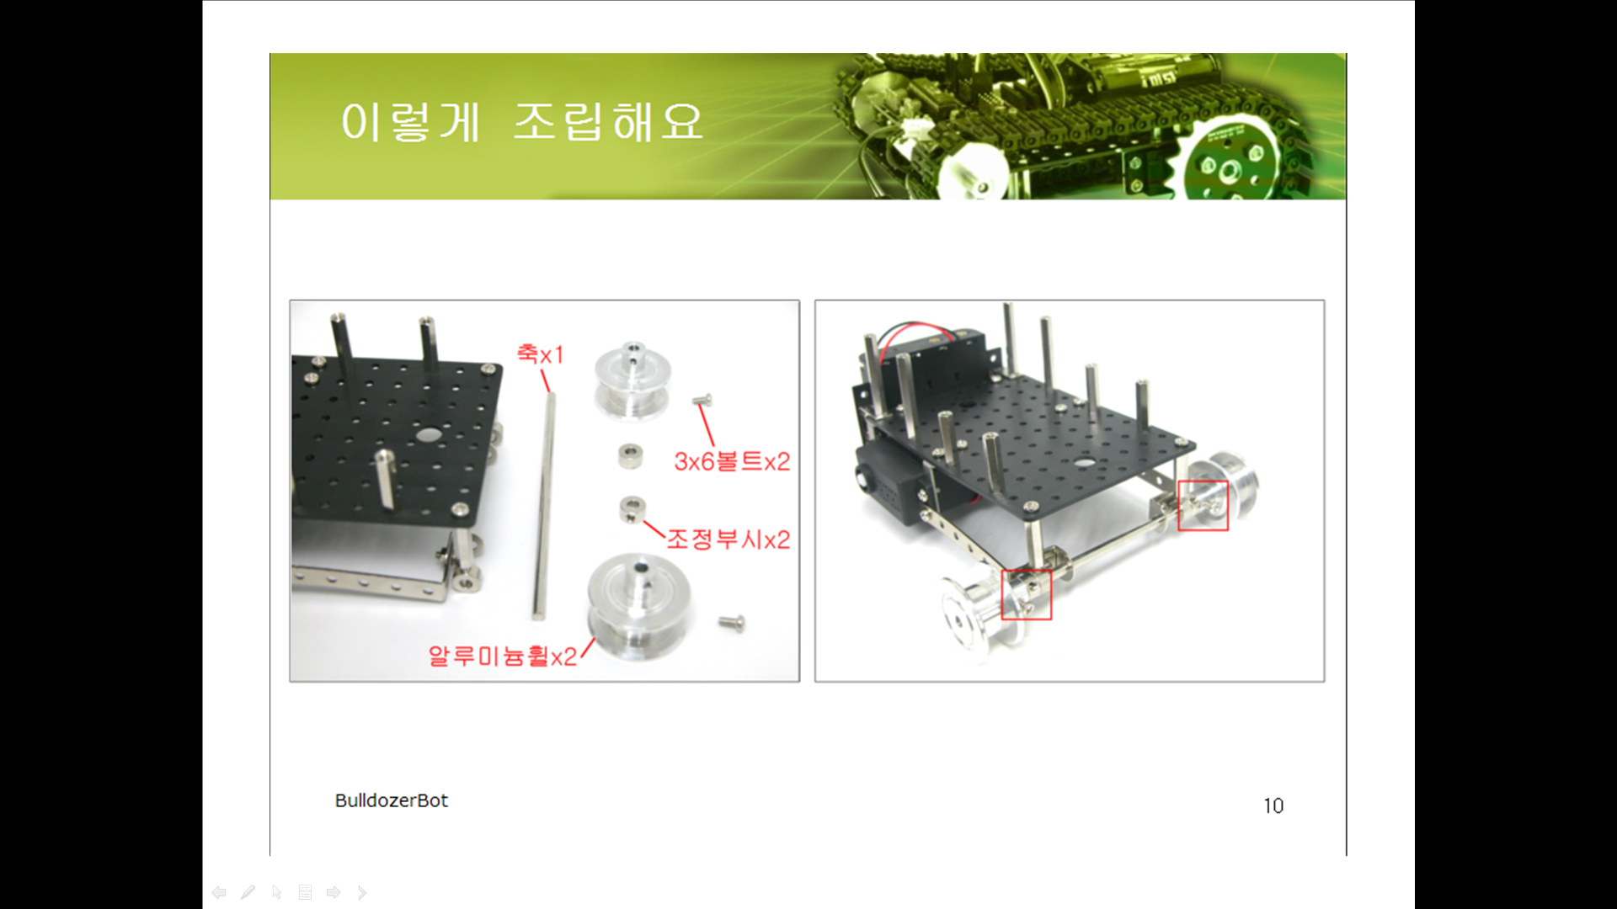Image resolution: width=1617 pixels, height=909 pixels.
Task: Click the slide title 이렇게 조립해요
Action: [x=522, y=122]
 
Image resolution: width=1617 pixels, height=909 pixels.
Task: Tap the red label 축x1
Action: [x=540, y=354]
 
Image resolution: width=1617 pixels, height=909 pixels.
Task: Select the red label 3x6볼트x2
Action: [x=732, y=460]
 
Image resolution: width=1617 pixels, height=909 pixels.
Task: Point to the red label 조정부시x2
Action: [x=728, y=539]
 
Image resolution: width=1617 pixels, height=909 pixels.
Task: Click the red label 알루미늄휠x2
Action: [x=503, y=655]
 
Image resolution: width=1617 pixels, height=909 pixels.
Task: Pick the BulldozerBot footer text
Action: [x=392, y=800]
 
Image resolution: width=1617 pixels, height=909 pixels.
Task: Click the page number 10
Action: [x=1273, y=805]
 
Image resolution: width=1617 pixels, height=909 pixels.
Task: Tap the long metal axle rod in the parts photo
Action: [x=544, y=505]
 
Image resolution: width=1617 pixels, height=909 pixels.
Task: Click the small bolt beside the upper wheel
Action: [x=703, y=400]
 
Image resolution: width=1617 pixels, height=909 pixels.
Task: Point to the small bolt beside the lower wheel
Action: [x=731, y=623]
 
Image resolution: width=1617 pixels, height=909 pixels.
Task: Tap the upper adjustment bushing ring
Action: [x=632, y=456]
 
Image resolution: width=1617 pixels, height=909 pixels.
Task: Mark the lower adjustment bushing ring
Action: [x=632, y=509]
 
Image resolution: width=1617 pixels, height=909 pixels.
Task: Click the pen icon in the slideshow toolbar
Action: [x=248, y=892]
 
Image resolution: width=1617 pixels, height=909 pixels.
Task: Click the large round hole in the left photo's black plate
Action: [x=429, y=435]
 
